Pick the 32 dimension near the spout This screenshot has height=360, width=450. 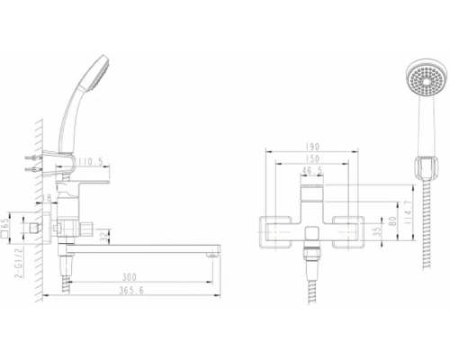click(105, 237)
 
